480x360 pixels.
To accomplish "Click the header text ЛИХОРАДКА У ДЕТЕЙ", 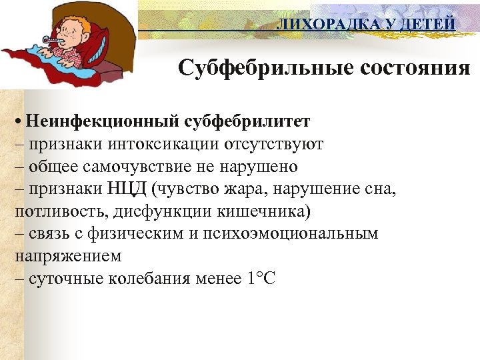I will click(x=366, y=25).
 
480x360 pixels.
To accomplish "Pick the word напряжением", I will click(x=67, y=256).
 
